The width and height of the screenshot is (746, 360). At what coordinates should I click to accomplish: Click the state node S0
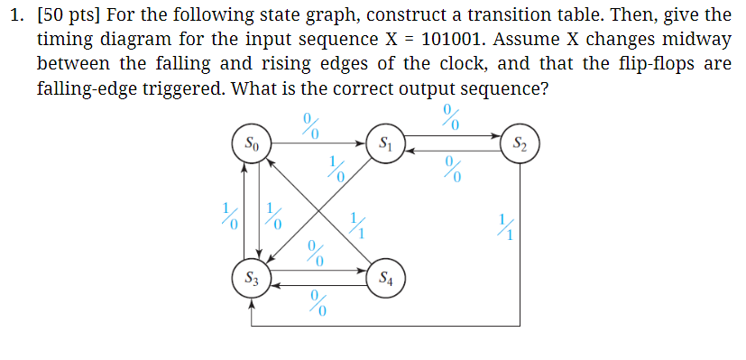click(x=253, y=144)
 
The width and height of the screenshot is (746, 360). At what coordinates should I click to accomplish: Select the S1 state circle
click(x=385, y=144)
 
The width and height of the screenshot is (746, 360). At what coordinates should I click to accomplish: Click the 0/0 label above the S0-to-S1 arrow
click(x=311, y=124)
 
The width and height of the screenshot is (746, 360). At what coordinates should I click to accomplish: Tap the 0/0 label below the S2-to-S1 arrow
click(x=453, y=168)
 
